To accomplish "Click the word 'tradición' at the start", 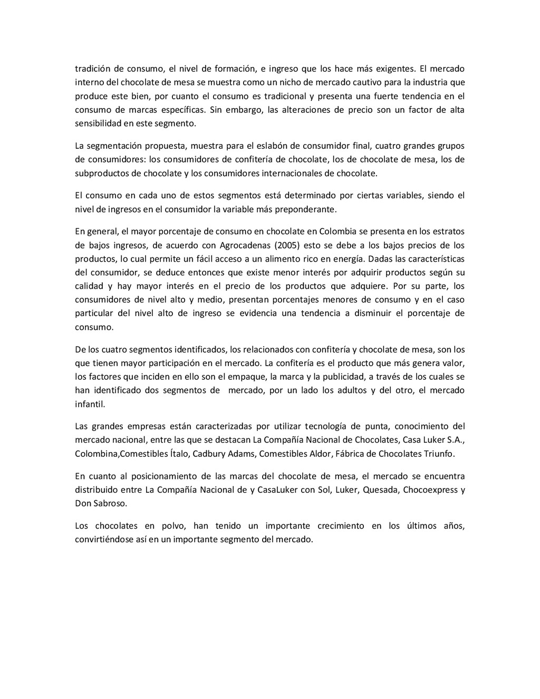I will coord(92,69).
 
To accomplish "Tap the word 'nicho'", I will coord(277,82).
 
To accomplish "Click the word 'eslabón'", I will coord(272,146).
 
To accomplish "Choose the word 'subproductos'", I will coord(101,173).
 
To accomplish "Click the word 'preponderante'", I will coord(308,209).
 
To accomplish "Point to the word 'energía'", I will coord(350,258).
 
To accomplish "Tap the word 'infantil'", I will coord(90,404).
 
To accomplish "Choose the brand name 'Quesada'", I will coord(381,490).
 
